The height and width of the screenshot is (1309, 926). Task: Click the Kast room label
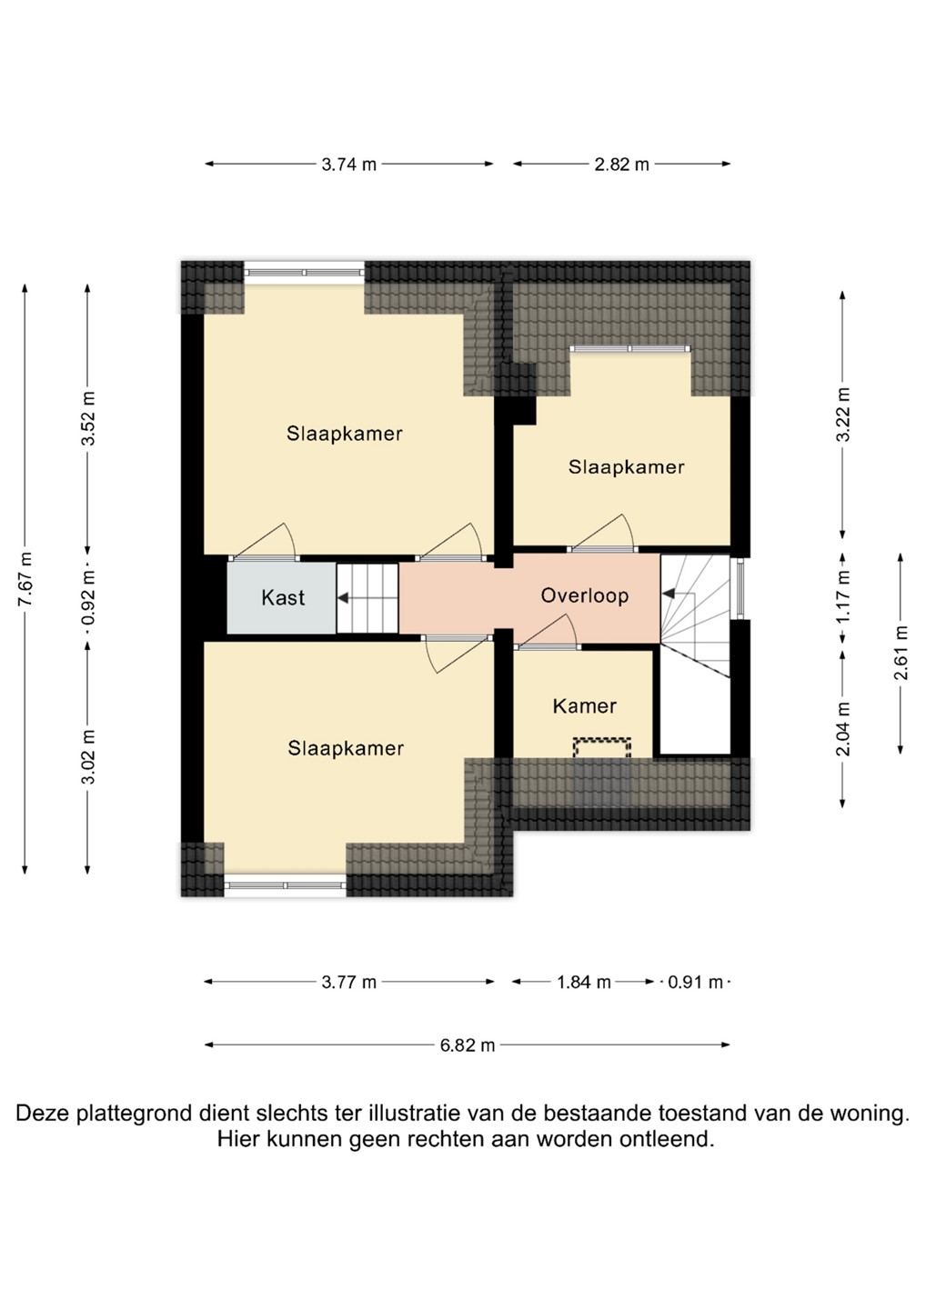coord(283,598)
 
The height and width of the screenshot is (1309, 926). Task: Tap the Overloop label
coord(585,595)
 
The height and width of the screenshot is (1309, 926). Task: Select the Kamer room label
coord(585,706)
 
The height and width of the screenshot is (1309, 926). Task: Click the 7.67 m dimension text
coord(25,579)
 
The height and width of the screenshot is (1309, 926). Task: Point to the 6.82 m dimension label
coord(468,1044)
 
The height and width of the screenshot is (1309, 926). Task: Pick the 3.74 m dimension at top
coord(349,165)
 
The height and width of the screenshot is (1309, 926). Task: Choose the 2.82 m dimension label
coord(622,165)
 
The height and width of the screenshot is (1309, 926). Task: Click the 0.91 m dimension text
coord(696,983)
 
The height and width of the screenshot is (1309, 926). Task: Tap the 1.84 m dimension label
coord(584,983)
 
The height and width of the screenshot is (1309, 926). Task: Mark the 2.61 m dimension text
coord(901,653)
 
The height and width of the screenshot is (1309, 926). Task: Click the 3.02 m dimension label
coord(87,757)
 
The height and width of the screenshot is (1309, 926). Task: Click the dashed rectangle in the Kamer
coord(602,748)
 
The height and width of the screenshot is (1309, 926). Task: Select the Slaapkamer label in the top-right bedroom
coord(626,467)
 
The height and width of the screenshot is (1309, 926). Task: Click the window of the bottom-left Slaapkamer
coord(286,885)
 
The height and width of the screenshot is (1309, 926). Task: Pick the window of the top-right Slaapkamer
coord(629,349)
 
